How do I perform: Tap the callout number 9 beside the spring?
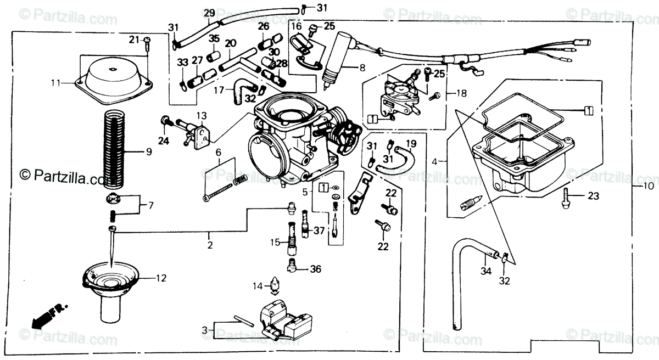pos(148,152)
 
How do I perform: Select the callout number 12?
pos(160,278)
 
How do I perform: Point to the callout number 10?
pos(648,186)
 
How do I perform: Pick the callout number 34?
pos(485,271)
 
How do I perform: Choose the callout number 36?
pos(315,269)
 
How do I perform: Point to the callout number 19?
pos(411,145)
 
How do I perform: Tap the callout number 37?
pos(320,230)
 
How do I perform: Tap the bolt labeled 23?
pos(566,197)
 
